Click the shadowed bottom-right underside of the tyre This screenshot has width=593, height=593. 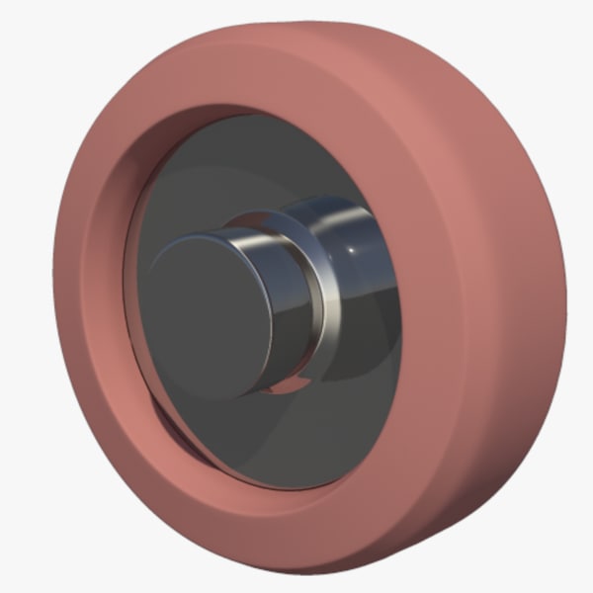[484, 494]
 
